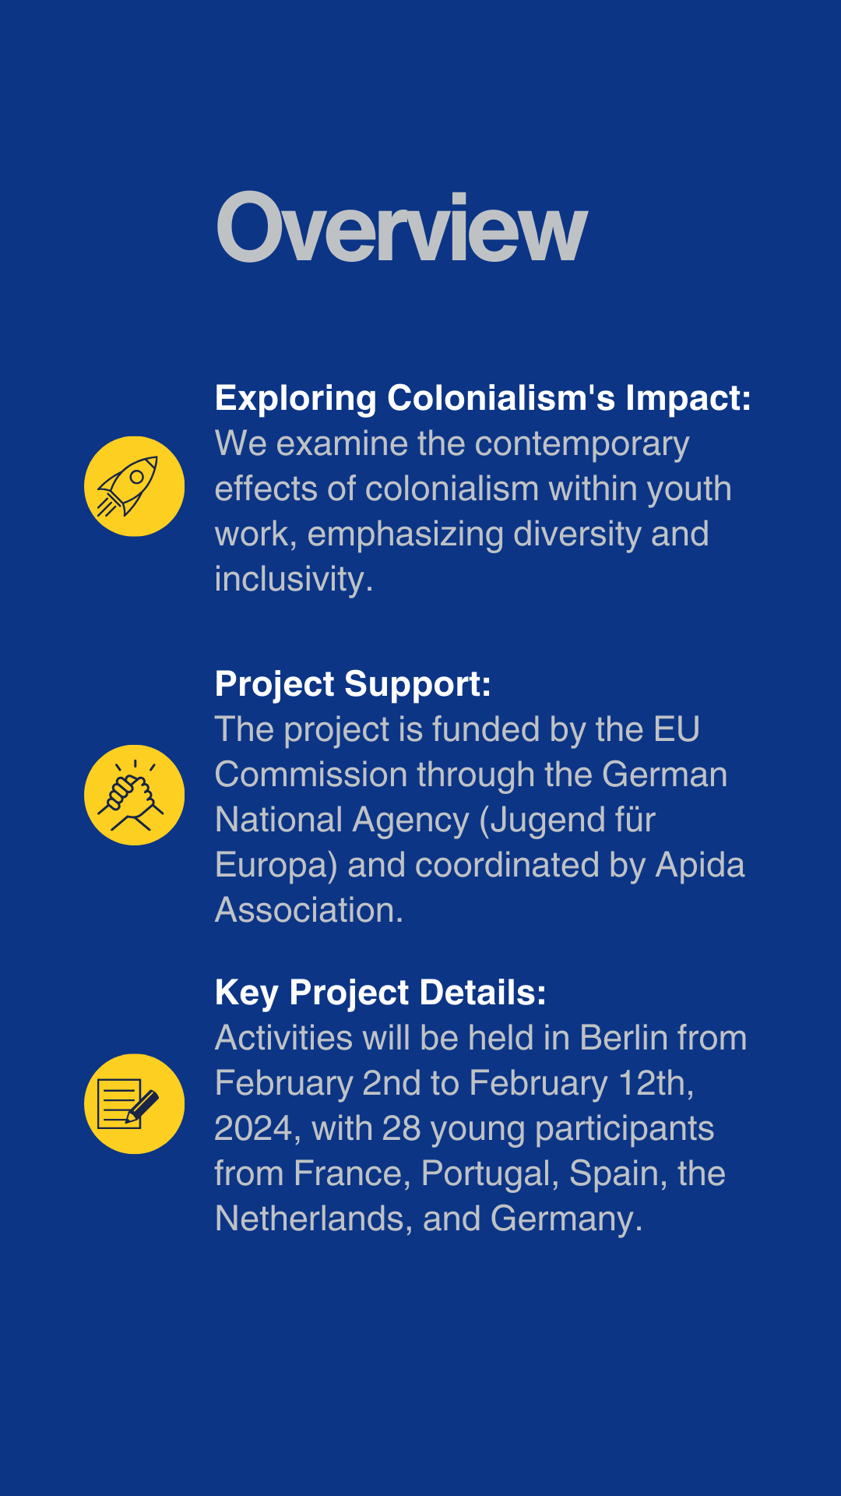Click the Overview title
tap(402, 227)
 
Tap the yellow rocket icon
tap(134, 486)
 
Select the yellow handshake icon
tap(134, 795)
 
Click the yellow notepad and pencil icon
tap(134, 1103)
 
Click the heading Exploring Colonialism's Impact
tap(483, 398)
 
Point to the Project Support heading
tap(353, 685)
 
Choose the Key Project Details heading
tap(381, 993)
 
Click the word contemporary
tap(582, 445)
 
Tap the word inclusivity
tap(294, 580)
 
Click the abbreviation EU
tap(677, 730)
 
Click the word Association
tap(309, 910)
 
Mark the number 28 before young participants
tap(402, 1129)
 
